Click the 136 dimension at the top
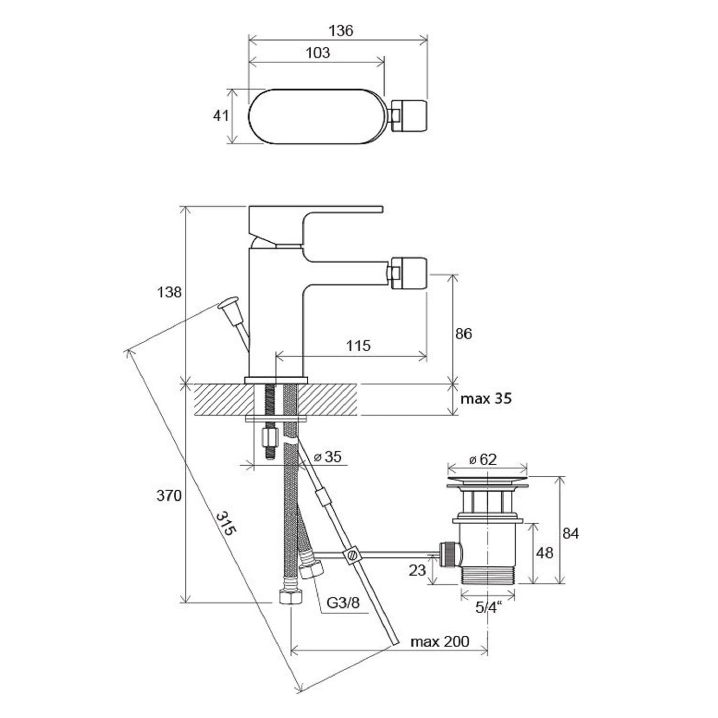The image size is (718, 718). coord(341,31)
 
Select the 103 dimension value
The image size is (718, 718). coord(318,53)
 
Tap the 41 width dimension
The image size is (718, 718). coord(221,115)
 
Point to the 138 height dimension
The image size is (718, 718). coord(169,292)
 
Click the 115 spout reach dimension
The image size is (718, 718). coord(358,346)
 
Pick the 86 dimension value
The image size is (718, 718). coord(463,334)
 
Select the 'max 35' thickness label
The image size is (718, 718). coord(486,398)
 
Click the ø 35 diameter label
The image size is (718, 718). coord(328,457)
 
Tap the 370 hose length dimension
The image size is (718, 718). coord(169,495)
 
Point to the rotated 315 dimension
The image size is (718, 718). coord(226,524)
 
